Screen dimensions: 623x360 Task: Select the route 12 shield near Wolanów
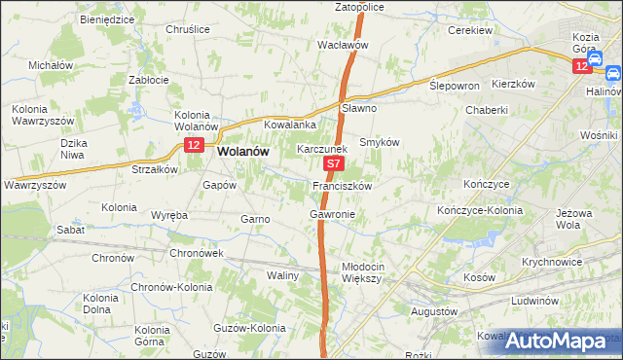pos(193,146)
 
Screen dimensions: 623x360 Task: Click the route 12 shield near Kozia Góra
pos(582,65)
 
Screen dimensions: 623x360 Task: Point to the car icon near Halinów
pos(612,73)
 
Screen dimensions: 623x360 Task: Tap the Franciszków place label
pos(342,185)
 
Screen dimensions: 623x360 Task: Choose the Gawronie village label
pos(332,213)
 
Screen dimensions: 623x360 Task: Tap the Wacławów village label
pos(343,45)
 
